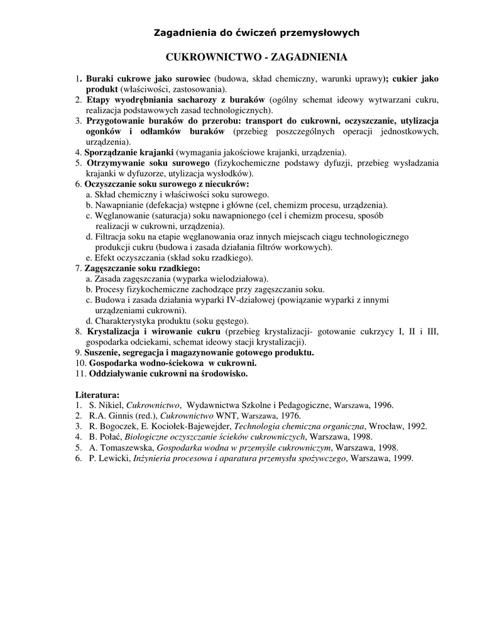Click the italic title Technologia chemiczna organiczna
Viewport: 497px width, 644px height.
coord(299,426)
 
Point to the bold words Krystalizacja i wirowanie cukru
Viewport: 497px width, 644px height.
coord(154,331)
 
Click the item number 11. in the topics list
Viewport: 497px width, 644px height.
coord(80,374)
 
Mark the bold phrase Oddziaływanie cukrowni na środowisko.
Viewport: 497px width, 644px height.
coord(168,374)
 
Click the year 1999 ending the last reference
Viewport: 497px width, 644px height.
coord(402,458)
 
